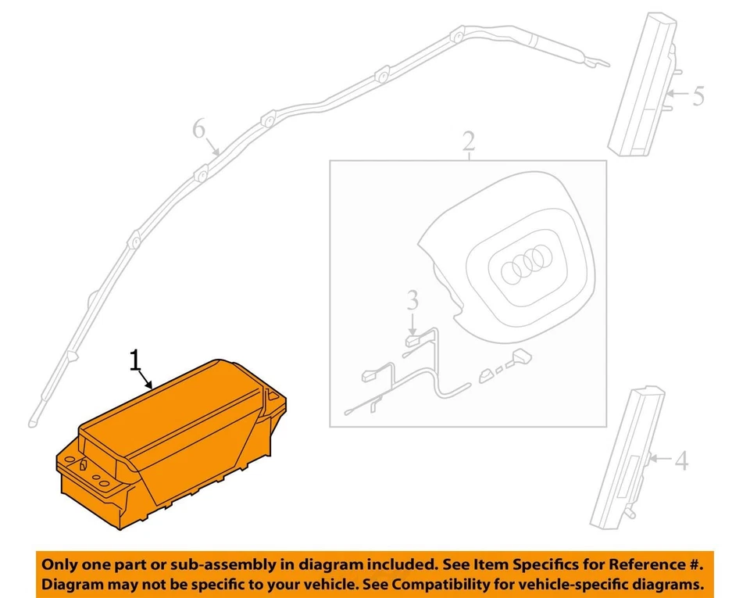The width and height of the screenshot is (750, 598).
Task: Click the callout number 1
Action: (136, 360)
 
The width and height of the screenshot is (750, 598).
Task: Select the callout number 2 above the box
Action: (468, 142)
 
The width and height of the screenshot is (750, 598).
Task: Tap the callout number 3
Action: (412, 300)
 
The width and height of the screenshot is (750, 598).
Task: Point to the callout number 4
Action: (681, 461)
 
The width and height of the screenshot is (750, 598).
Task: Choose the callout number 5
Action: (698, 96)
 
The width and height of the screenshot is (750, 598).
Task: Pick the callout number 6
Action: (200, 129)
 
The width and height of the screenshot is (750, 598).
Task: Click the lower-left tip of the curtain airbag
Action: (34, 423)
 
